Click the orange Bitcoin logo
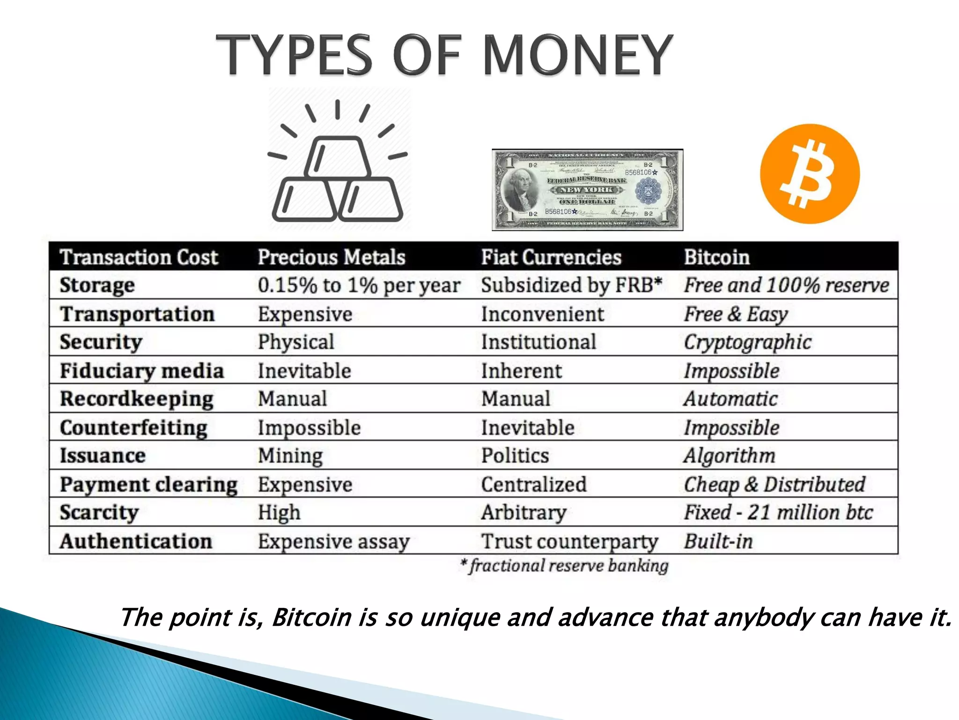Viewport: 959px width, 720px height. pos(810,173)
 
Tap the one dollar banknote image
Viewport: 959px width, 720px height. pos(587,190)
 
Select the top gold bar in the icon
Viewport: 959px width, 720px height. pos(337,157)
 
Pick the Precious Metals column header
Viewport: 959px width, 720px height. pos(331,257)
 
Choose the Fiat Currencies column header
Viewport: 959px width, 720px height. pos(551,257)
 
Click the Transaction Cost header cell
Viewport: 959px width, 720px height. pos(139,257)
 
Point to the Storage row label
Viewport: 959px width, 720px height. pos(97,285)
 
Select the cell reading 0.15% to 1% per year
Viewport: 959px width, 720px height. pos(359,285)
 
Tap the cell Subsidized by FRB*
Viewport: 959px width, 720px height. pos(571,285)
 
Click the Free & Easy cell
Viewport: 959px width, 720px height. pos(736,314)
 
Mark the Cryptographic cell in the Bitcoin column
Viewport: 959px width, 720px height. pos(747,342)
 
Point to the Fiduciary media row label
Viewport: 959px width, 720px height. pos(142,371)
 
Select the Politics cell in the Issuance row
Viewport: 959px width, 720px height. pos(515,456)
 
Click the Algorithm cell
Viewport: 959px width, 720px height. pos(729,456)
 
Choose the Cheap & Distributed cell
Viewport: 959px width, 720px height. pos(775,484)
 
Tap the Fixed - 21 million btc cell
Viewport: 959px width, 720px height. pos(778,512)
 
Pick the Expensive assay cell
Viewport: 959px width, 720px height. pos(333,541)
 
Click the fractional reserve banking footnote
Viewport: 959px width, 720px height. pos(565,566)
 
